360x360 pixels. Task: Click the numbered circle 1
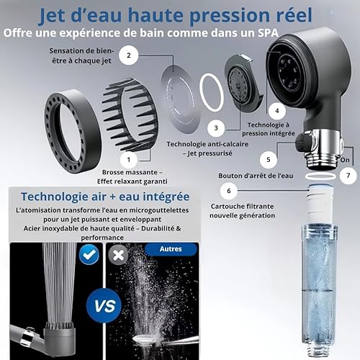coord(129,160)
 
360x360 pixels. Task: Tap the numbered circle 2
coord(129,55)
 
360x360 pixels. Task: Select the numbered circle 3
coord(216,128)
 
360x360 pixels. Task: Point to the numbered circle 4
coord(277,111)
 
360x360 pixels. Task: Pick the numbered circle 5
coord(269,160)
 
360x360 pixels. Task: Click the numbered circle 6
coord(229,191)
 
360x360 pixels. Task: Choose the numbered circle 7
coord(348,176)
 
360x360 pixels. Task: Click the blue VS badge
coord(104,306)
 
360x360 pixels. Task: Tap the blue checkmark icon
coord(89,254)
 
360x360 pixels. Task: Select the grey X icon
coord(118,256)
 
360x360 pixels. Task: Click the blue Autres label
coord(171,249)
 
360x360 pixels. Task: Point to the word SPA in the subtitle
coord(269,33)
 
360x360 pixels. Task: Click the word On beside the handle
coord(345,160)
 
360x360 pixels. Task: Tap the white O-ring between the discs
coord(212,93)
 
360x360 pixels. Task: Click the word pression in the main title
coord(231,16)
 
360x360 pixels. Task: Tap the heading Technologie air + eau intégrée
coord(105,197)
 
